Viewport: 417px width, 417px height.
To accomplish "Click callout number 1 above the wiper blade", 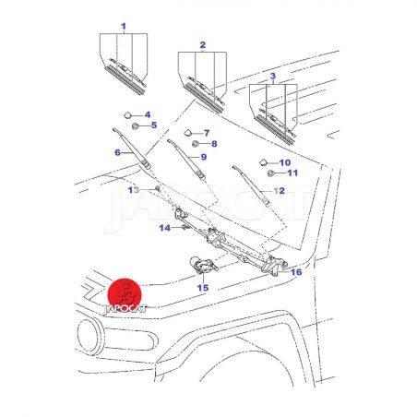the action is coord(124,27).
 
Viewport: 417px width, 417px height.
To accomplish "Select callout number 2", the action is coord(203,45).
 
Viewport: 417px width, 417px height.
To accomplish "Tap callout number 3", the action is coord(273,76).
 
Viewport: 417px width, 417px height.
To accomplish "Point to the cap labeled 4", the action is coord(127,115).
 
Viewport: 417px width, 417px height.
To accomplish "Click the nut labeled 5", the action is coord(135,126).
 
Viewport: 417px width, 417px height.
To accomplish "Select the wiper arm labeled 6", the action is coord(132,149).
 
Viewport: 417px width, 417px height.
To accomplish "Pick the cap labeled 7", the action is coord(187,133).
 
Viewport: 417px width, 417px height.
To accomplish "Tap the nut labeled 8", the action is coord(195,144).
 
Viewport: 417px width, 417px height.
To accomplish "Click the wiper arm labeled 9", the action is coord(186,160).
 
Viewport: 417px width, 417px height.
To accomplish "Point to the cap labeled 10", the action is coord(263,162).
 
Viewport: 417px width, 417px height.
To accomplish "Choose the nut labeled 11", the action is coord(271,173).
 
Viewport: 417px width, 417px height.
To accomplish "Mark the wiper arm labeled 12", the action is coord(251,185).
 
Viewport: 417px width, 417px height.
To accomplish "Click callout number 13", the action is coord(134,190).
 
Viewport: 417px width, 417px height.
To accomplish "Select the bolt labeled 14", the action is coord(185,228).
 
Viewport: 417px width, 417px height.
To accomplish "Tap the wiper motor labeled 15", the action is coord(204,265).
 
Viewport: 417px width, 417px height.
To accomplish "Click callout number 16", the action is coord(296,272).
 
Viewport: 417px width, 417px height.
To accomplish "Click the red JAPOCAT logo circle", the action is coord(125,295).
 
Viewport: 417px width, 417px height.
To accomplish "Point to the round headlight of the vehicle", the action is coord(90,336).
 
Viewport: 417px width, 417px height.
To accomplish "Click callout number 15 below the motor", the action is coord(203,288).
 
